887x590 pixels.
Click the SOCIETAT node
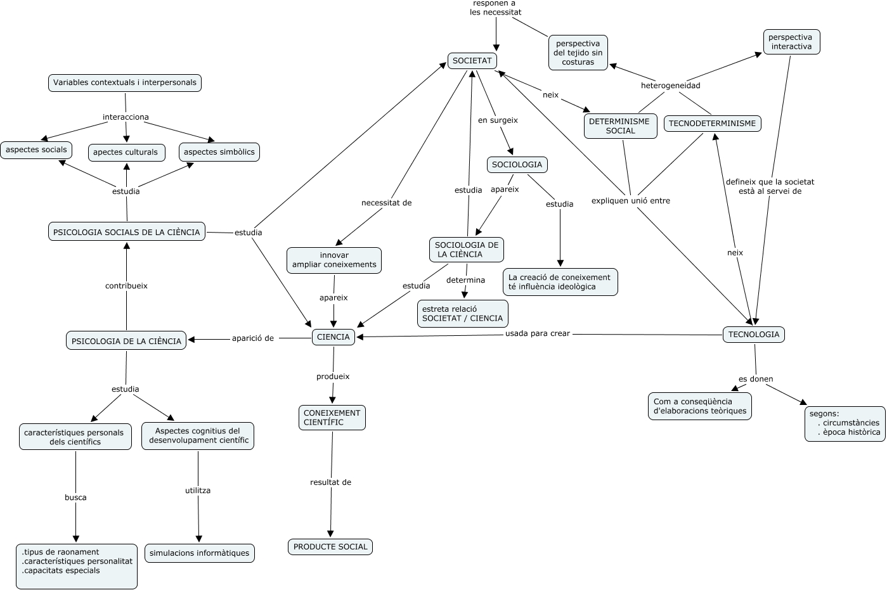[472, 61]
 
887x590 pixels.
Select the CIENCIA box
[333, 337]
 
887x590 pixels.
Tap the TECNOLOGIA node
[754, 335]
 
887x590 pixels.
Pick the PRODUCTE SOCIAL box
[330, 547]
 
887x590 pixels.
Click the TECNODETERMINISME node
[713, 124]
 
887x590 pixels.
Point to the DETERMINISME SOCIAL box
[621, 126]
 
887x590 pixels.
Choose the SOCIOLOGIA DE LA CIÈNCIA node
[467, 250]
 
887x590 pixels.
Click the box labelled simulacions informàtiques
[200, 553]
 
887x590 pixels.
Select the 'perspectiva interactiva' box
[791, 42]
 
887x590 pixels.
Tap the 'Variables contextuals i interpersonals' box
[125, 83]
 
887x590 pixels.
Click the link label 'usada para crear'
[538, 333]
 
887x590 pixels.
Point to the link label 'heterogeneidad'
[670, 86]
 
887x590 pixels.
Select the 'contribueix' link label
[126, 286]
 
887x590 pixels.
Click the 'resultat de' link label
[331, 482]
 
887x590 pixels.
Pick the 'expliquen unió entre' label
[631, 201]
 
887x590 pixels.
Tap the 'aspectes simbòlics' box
[219, 152]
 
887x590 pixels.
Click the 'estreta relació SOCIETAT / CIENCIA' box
[462, 314]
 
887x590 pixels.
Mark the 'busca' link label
[75, 497]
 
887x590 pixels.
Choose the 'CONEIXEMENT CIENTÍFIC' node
[332, 418]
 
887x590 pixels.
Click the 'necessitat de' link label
[387, 203]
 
